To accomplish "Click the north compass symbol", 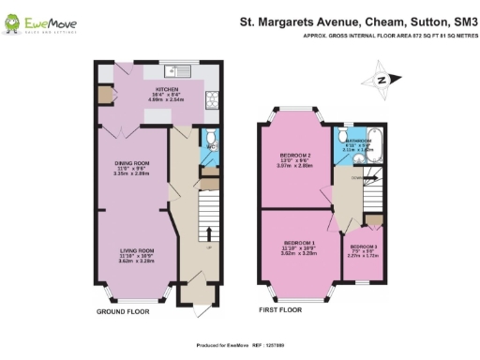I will point(382,81).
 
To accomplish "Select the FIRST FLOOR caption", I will point(281,309).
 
